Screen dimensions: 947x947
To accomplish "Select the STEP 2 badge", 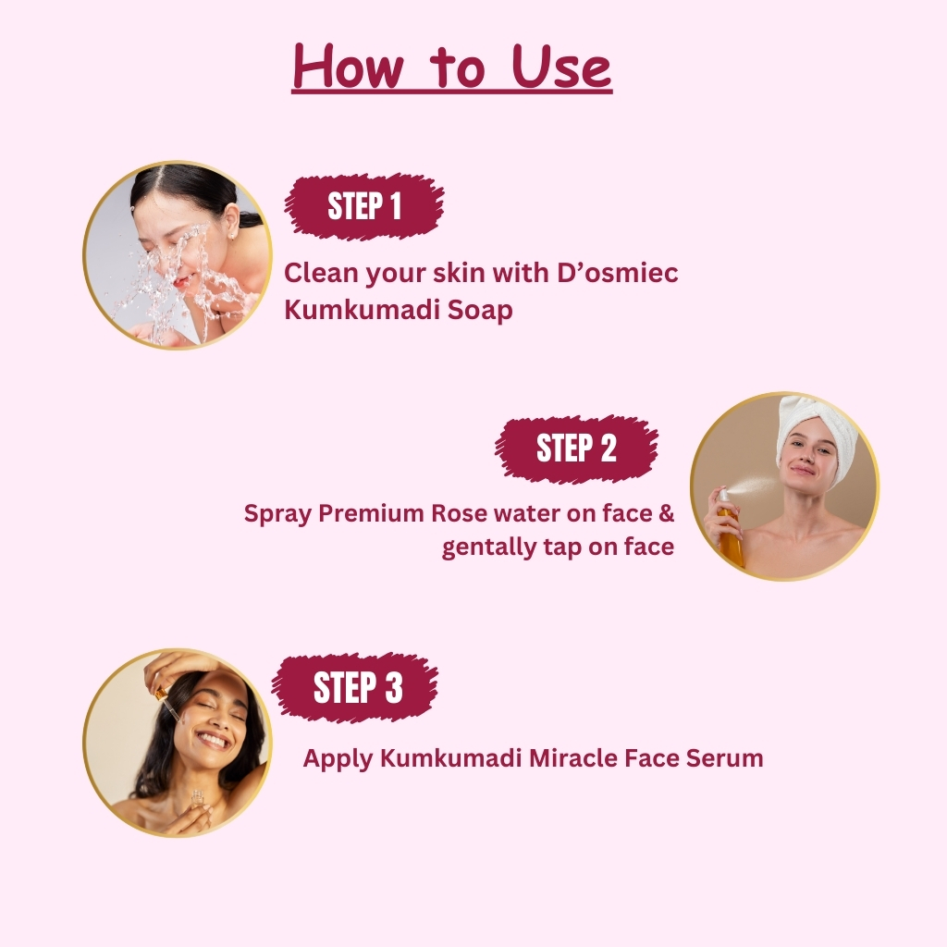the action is (x=576, y=449).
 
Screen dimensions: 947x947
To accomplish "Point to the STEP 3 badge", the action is (x=356, y=687).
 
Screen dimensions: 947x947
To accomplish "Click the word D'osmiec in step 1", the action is (x=617, y=273).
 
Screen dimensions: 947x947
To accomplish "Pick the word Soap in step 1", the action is (x=480, y=310).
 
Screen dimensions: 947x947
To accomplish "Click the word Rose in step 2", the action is (x=459, y=513).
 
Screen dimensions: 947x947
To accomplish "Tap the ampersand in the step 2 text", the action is (x=666, y=513).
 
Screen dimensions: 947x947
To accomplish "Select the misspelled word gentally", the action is (x=490, y=547).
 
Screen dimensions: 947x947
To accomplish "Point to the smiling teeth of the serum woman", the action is (x=214, y=739).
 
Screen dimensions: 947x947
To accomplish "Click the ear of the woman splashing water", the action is (x=231, y=219).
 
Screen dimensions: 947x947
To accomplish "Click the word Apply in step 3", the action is (x=338, y=759).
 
